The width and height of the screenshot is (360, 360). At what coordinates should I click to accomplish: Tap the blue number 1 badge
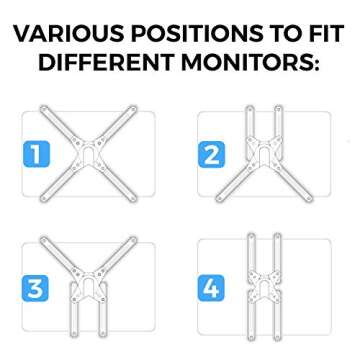[x=33, y=155]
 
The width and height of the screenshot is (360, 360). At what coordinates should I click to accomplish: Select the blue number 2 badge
[x=213, y=155]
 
